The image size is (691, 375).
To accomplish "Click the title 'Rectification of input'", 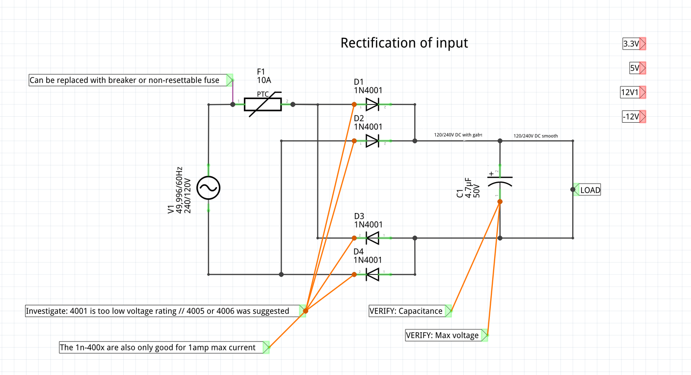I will pyautogui.click(x=404, y=43).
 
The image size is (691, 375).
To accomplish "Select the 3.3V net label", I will pyautogui.click(x=632, y=44).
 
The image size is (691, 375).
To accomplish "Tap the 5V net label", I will pyautogui.click(x=635, y=68).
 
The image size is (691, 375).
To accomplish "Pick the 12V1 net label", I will pyautogui.click(x=630, y=92).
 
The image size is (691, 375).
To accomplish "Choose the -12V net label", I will pyautogui.click(x=631, y=117).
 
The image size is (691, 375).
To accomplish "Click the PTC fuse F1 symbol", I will pyautogui.click(x=263, y=104).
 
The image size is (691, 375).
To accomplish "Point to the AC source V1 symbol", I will pyautogui.click(x=209, y=187).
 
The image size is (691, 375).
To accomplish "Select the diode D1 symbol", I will pyautogui.click(x=372, y=104).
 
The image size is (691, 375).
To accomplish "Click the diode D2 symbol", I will pyautogui.click(x=372, y=141).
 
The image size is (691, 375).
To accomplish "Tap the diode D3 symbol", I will pyautogui.click(x=372, y=238).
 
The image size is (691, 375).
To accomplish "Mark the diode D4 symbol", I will pyautogui.click(x=372, y=274).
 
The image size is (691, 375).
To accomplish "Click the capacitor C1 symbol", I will pyautogui.click(x=500, y=182).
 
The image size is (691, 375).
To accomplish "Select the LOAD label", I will pyautogui.click(x=590, y=190).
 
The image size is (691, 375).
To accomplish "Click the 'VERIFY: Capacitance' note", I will pyautogui.click(x=406, y=311).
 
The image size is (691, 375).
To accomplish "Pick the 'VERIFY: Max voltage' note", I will pyautogui.click(x=443, y=336).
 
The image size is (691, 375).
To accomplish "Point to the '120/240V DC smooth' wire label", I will pyautogui.click(x=535, y=136).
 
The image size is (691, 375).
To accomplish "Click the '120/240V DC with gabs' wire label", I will pyautogui.click(x=458, y=134).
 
